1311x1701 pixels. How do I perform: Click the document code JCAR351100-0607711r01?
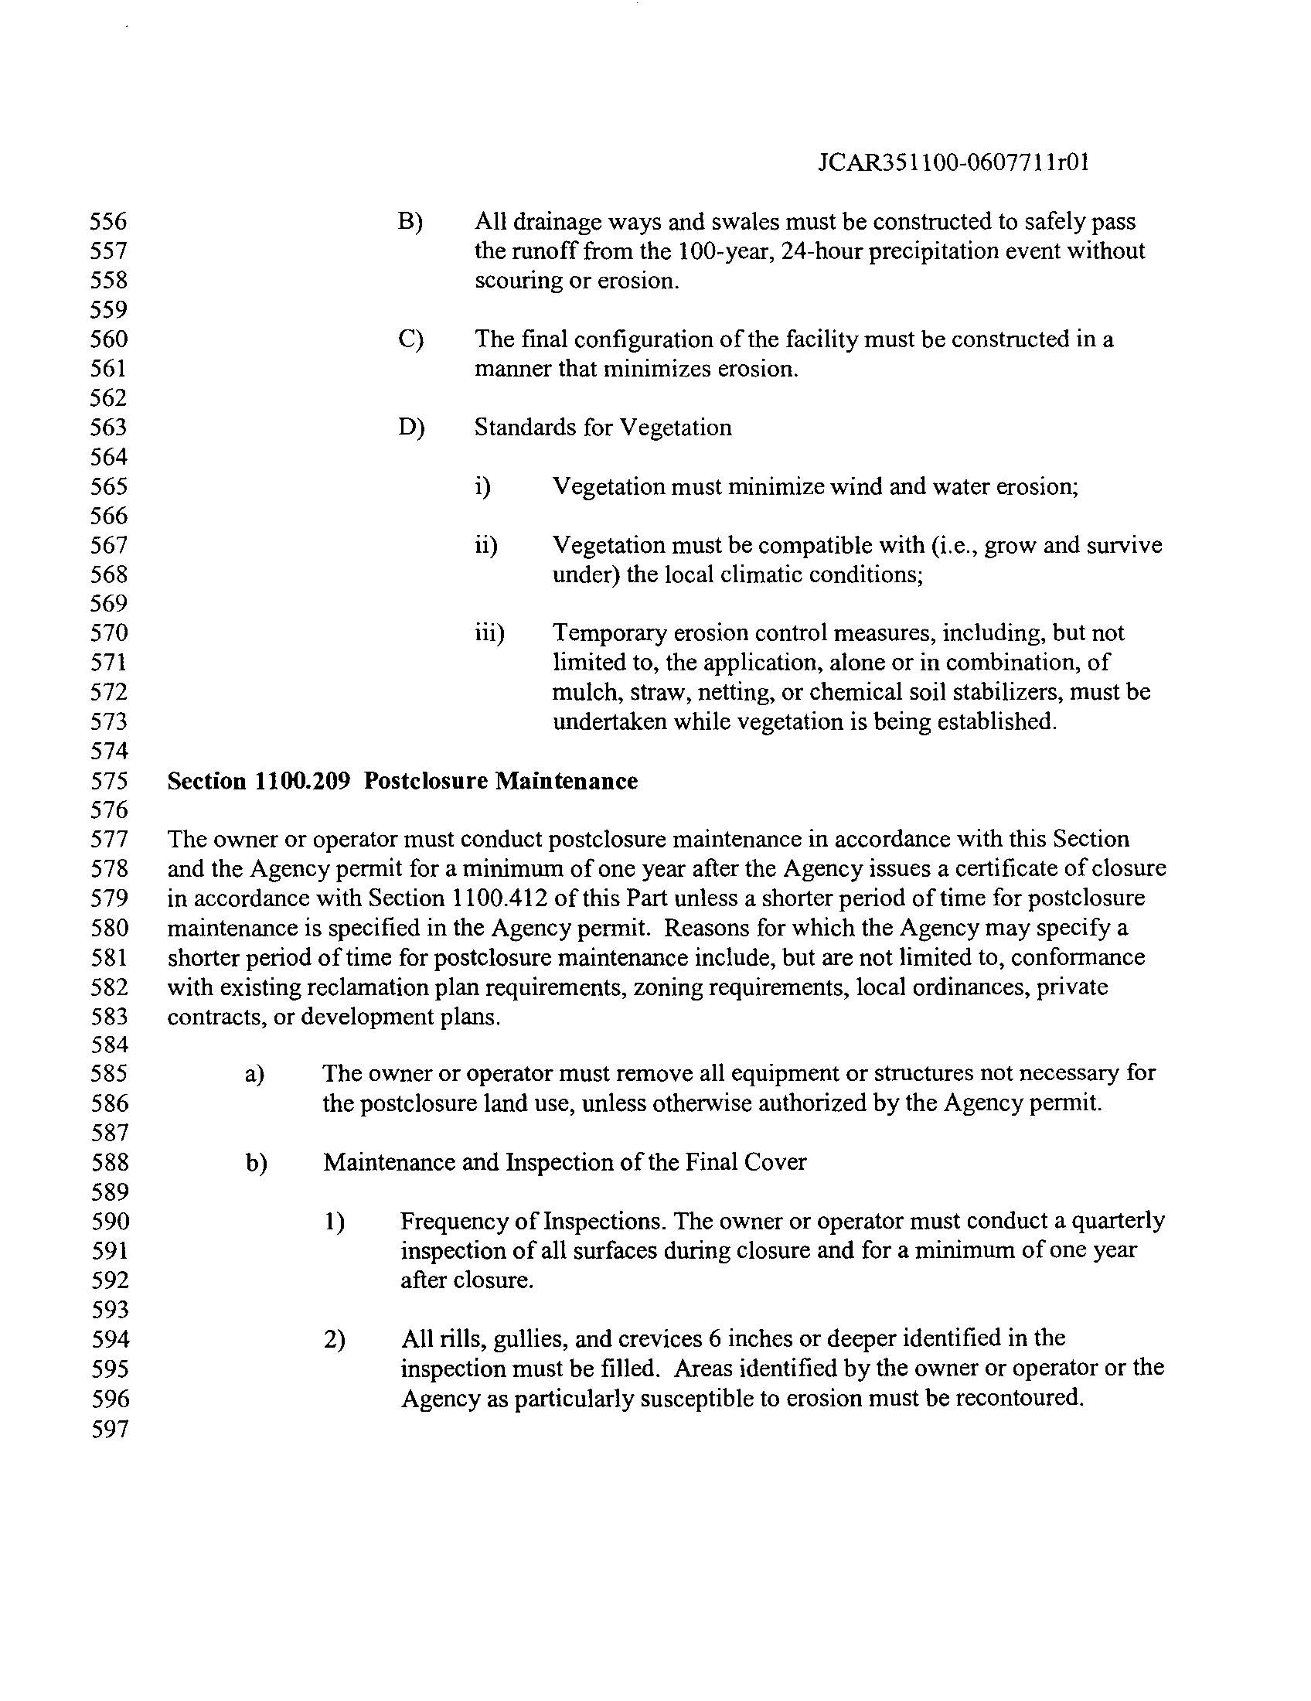[x=954, y=162]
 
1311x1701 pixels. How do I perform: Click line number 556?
[x=108, y=222]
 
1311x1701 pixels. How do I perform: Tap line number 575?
[x=108, y=780]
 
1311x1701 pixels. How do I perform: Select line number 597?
[x=108, y=1430]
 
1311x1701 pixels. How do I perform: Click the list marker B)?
[x=410, y=222]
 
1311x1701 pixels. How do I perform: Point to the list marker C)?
[x=410, y=339]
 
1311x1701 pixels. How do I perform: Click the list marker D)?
[x=410, y=428]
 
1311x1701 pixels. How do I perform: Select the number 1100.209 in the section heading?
[x=305, y=780]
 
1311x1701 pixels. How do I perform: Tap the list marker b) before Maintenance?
[x=256, y=1163]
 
